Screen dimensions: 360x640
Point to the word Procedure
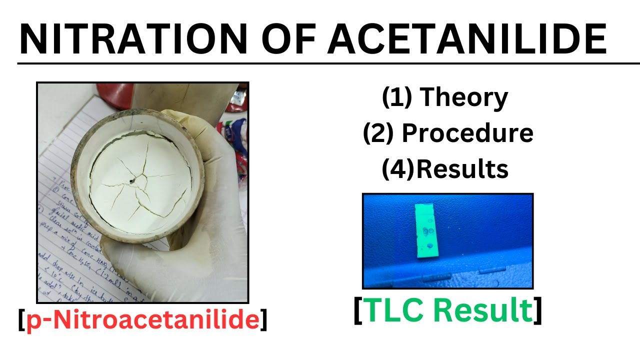point(467,133)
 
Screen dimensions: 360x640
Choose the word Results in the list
point(462,169)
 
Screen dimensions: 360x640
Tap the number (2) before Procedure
point(378,133)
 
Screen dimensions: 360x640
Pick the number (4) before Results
point(398,169)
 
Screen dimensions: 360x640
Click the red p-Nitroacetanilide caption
point(142,320)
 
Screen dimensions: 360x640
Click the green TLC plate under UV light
point(428,230)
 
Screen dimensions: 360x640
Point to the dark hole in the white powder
point(132,180)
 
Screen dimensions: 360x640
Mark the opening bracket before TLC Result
point(358,311)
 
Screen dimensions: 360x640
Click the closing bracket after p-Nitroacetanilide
point(263,320)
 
